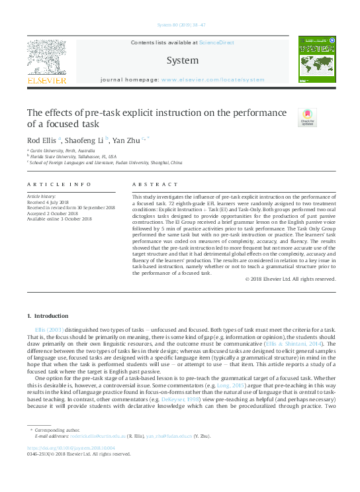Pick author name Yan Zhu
[126, 140]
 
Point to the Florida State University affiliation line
[68, 157]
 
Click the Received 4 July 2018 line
[50, 203]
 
